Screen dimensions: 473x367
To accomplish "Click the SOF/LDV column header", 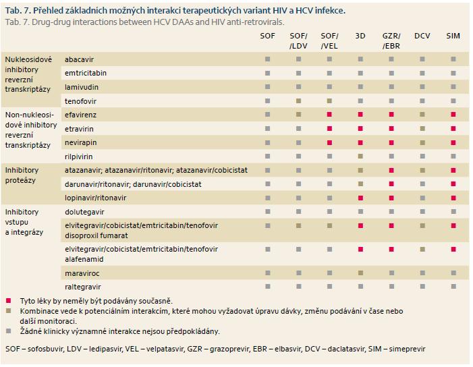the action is (x=298, y=41).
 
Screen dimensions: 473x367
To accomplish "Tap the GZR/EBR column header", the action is (x=391, y=41).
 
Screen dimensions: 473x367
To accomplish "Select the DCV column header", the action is (x=422, y=36).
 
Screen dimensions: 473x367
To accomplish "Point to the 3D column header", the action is (x=360, y=36).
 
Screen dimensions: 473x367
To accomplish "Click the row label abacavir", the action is (x=80, y=59).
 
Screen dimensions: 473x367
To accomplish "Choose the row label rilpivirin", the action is (x=79, y=157).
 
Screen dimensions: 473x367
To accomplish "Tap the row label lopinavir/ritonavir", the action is (x=95, y=198).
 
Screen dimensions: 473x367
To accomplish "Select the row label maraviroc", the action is (x=82, y=273).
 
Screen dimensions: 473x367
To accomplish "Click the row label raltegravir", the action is (x=82, y=287).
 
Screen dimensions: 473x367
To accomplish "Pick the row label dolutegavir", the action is (x=84, y=212).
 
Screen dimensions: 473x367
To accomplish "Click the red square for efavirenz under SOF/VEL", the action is (x=329, y=115).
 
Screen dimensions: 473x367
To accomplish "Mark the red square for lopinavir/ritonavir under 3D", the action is (x=360, y=198).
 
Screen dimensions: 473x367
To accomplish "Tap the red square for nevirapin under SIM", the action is (x=453, y=142).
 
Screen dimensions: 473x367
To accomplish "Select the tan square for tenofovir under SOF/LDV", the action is (x=299, y=101).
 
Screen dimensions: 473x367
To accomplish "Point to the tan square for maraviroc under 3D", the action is (x=360, y=273).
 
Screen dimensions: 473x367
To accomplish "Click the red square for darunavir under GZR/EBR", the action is (x=391, y=184).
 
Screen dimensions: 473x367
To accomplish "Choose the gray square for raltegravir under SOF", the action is (x=268, y=287).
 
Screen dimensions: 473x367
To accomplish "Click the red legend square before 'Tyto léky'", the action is (x=9, y=300).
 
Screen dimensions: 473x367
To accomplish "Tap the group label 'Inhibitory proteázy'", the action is (x=22, y=175).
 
